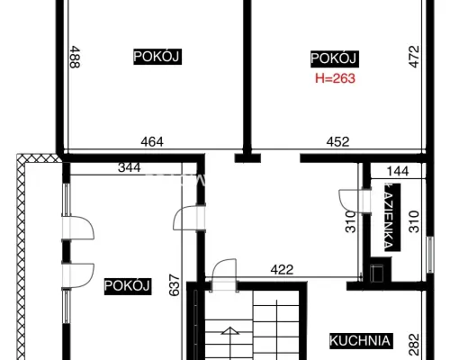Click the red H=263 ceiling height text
coord(335,78)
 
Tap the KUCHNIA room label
coord(360,341)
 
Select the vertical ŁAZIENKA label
coord(392,217)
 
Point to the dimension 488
coord(75,57)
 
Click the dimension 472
coord(414,57)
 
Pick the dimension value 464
coord(152,141)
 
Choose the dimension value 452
coord(337,141)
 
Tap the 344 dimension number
coord(130,167)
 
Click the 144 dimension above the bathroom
coord(398,171)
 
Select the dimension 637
coord(175,285)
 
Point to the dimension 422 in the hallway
coord(282,270)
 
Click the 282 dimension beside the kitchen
coord(414,345)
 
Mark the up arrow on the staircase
coord(230,330)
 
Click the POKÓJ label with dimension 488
coord(157,57)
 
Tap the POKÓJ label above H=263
coord(335,58)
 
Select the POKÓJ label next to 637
coord(128,286)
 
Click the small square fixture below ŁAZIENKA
coord(377,274)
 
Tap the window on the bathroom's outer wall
coord(430,255)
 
